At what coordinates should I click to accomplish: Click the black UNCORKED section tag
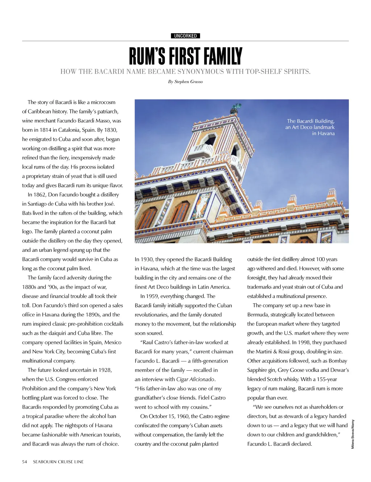[x=185, y=36]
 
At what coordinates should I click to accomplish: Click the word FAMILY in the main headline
[x=222, y=57]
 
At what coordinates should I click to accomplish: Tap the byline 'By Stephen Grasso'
[x=185, y=82]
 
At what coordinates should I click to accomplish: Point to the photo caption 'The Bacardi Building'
[x=310, y=121]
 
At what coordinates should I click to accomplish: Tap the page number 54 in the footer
[x=24, y=462]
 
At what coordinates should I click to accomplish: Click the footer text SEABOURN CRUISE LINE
[x=58, y=462]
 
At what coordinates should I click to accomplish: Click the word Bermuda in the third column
[x=258, y=315]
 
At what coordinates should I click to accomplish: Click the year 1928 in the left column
[x=104, y=370]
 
